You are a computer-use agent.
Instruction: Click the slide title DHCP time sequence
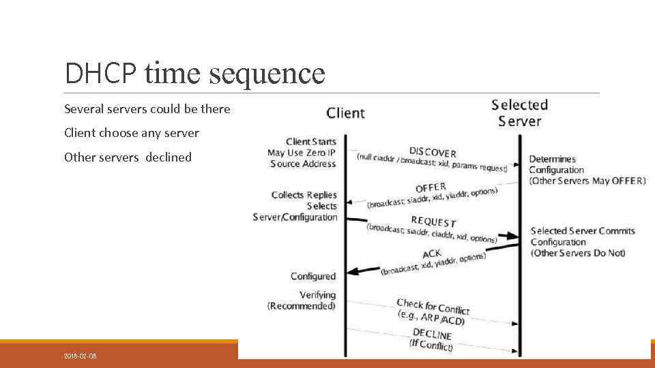click(x=194, y=74)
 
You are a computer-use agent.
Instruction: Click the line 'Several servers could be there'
click(x=147, y=109)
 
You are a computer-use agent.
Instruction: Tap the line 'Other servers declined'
click(x=128, y=157)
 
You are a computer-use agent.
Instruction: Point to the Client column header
click(x=345, y=112)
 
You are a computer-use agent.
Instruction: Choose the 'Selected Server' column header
click(x=519, y=113)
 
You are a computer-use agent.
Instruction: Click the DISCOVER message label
click(x=433, y=152)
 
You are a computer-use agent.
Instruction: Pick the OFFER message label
click(x=431, y=187)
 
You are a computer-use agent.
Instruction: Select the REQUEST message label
click(x=433, y=221)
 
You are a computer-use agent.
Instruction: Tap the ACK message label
click(x=432, y=255)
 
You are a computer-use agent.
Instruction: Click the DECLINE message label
click(x=432, y=334)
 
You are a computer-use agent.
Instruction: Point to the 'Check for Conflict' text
click(x=433, y=307)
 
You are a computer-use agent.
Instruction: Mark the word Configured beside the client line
click(x=313, y=276)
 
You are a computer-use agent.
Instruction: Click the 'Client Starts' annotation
click(x=310, y=142)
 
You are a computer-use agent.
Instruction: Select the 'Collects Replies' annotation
click(x=304, y=195)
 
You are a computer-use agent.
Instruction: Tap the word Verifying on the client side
click(x=317, y=295)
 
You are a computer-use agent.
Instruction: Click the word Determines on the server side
click(x=552, y=159)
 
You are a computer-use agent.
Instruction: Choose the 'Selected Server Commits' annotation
click(x=583, y=231)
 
